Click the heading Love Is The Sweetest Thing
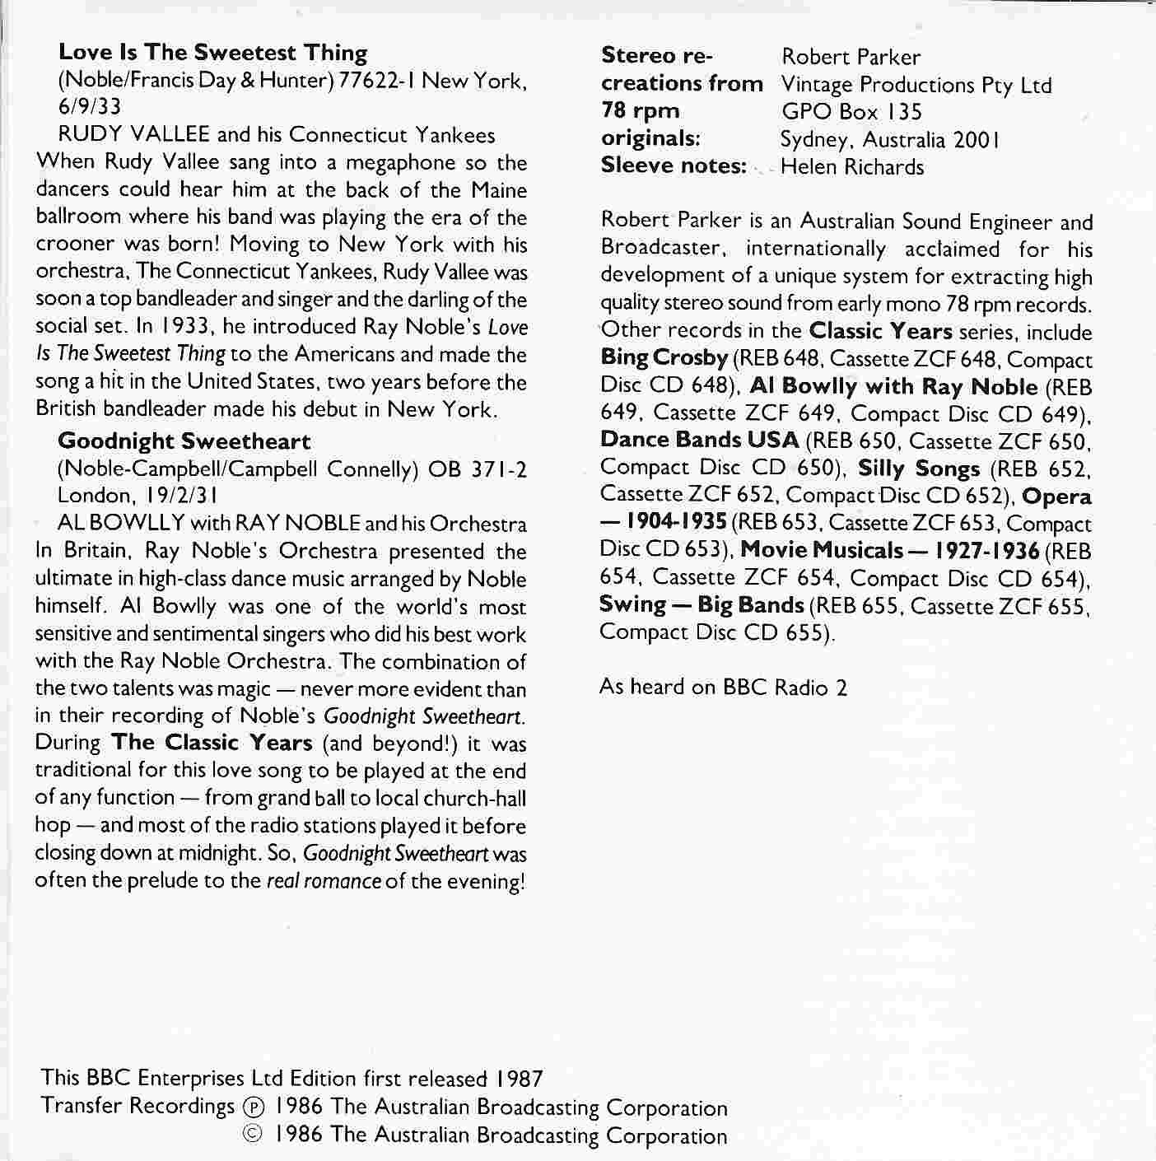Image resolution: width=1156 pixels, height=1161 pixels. click(212, 53)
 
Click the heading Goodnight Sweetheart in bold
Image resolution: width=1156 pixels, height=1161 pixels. click(184, 441)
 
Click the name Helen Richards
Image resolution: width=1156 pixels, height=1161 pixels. click(851, 167)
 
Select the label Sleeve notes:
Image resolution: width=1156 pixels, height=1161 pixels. click(674, 166)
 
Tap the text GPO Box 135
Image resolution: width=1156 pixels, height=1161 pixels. click(851, 112)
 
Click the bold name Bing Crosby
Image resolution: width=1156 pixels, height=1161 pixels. click(664, 359)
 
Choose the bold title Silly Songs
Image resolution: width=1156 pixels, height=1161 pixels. click(919, 469)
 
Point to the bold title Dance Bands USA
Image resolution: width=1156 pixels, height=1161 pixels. click(700, 441)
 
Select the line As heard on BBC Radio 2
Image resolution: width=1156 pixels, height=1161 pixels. click(723, 687)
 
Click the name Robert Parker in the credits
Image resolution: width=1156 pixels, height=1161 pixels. click(851, 57)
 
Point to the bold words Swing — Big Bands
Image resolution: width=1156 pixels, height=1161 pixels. click(702, 605)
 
